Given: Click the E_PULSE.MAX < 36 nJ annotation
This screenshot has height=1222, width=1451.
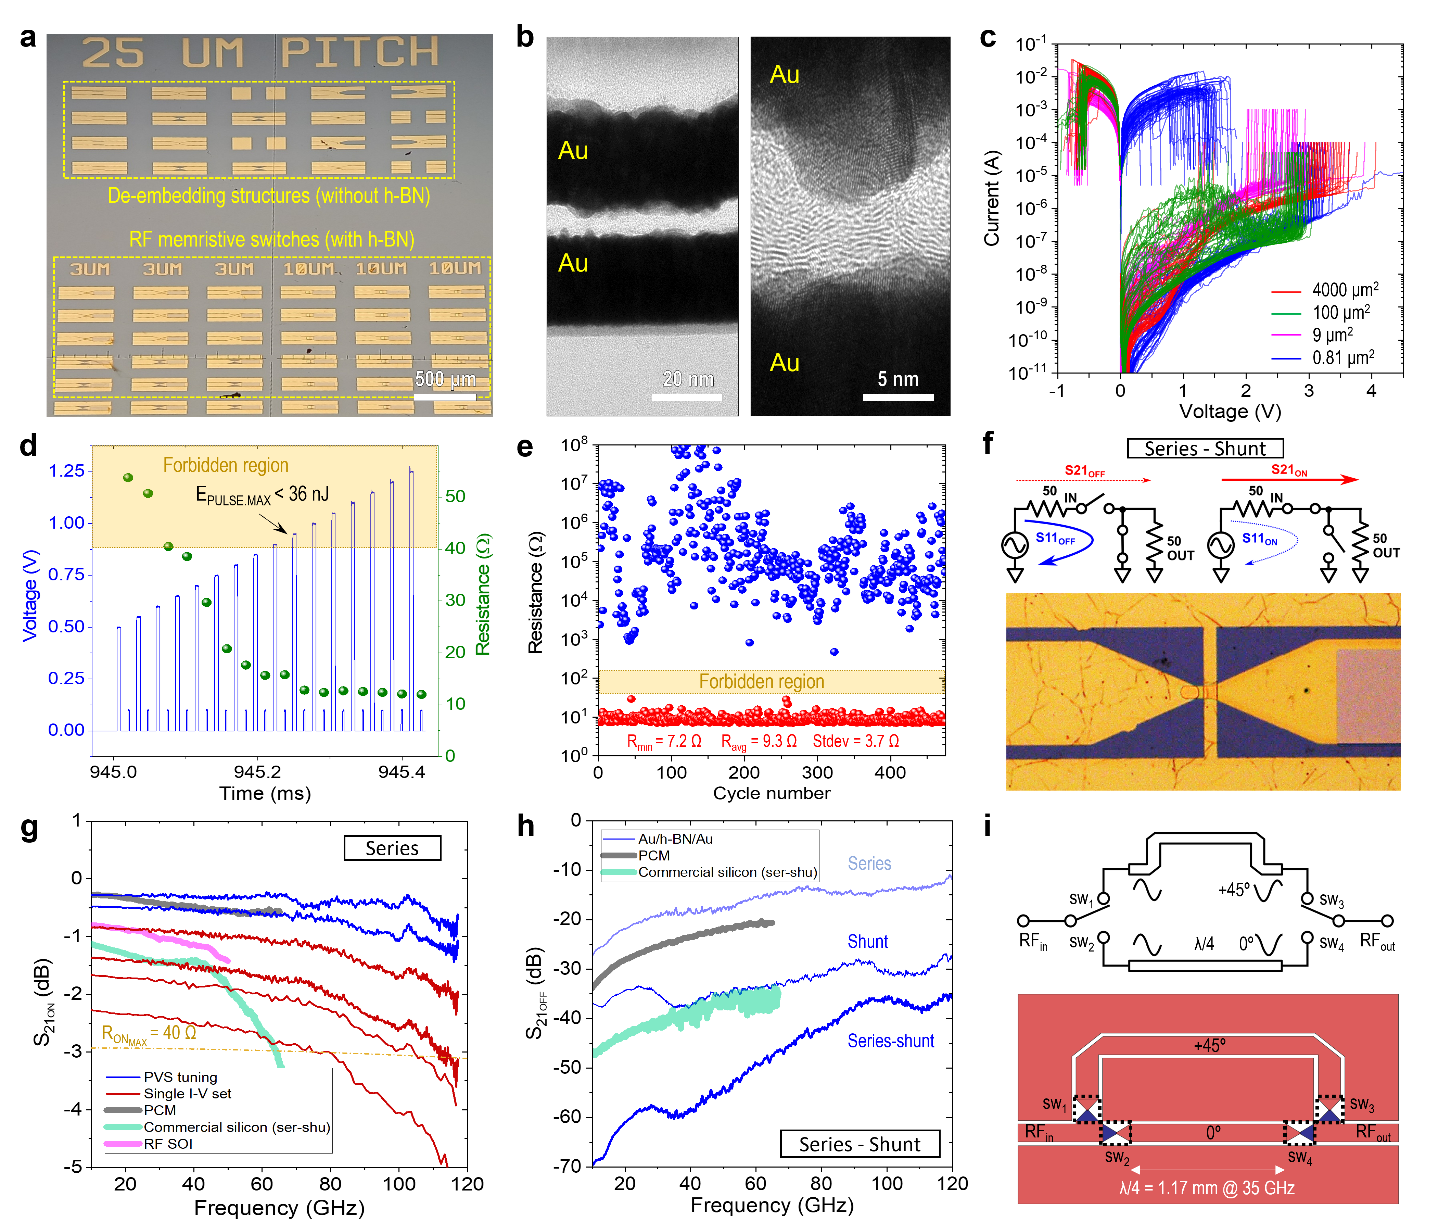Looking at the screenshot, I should pos(263,495).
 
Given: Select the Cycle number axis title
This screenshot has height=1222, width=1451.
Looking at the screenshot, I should pos(772,793).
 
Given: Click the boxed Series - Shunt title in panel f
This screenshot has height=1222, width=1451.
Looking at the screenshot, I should pos(1205,449).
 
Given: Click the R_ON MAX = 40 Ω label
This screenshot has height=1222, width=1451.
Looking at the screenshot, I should pos(149,1034).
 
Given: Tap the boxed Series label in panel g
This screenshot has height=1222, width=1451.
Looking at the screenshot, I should pos(392,848).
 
